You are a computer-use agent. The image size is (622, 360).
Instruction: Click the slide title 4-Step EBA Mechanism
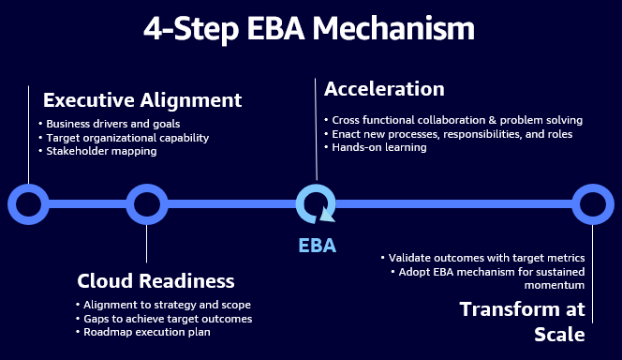[x=309, y=28]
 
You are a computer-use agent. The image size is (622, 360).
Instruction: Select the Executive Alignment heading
[x=142, y=100]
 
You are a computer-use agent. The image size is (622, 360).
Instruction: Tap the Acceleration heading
[x=384, y=89]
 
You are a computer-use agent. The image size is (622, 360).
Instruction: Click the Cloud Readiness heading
[x=155, y=281]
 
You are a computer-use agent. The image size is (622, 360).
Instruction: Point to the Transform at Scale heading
[x=522, y=322]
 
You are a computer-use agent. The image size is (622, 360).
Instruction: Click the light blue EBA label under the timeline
[x=318, y=247]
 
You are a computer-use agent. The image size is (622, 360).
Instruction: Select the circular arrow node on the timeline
[x=316, y=203]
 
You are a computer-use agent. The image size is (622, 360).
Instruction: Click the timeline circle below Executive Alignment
[x=29, y=203]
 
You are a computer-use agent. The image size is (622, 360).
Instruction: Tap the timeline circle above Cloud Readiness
[x=146, y=203]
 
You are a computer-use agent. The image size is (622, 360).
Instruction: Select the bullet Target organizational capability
[x=126, y=137]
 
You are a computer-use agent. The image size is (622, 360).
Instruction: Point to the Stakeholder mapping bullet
[x=100, y=150]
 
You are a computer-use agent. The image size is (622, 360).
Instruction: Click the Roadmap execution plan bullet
[x=147, y=331]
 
